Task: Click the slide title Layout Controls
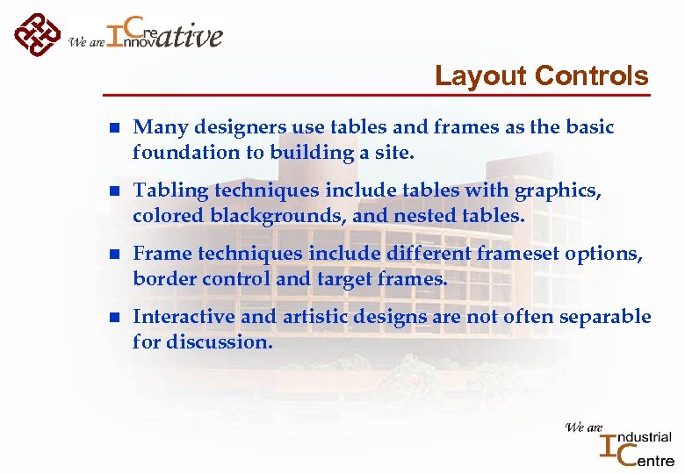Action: pyautogui.click(x=541, y=76)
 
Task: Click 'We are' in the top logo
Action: pyautogui.click(x=86, y=41)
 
